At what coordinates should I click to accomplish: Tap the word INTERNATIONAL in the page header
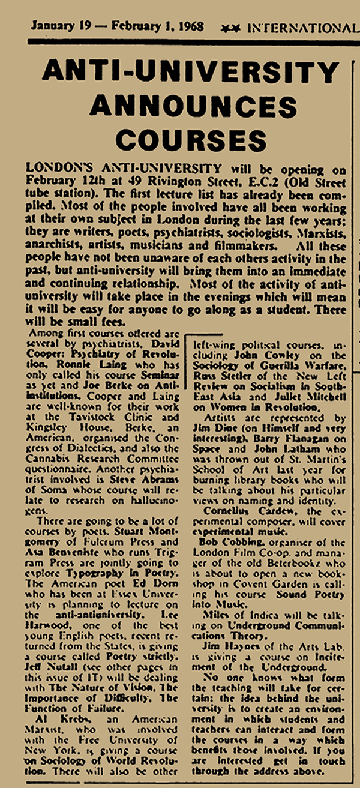(302, 28)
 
